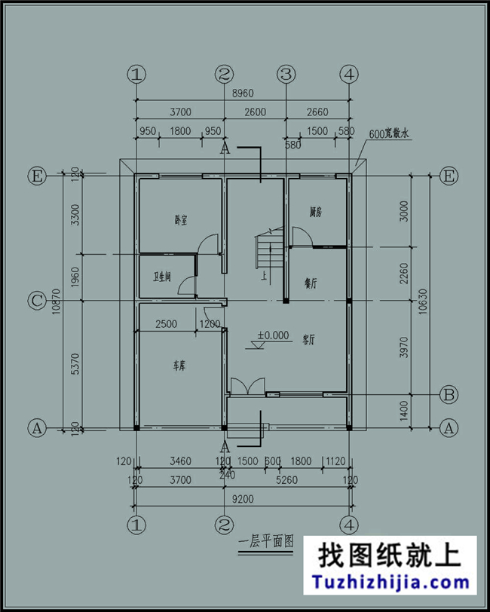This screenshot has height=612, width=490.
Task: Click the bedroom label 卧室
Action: [x=180, y=221]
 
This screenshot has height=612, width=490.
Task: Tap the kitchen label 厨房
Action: [x=315, y=213]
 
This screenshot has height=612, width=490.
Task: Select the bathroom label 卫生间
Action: [x=161, y=277]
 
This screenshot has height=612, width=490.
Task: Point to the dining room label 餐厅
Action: [x=310, y=283]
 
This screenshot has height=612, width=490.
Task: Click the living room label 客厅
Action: [x=308, y=339]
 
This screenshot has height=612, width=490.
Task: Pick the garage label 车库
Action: [x=179, y=366]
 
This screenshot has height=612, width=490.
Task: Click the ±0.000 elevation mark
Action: [x=273, y=336]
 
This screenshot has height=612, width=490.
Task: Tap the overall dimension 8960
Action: [x=241, y=94]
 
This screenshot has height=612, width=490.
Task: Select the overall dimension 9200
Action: [x=241, y=498]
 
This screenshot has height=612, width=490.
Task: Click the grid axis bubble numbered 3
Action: [x=286, y=75]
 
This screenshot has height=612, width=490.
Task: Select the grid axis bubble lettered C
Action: [x=35, y=301]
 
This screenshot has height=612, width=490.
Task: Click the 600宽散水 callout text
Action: [x=388, y=134]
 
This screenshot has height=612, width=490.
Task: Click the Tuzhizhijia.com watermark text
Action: [x=391, y=582]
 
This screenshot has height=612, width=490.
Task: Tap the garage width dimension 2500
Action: [x=167, y=325]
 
